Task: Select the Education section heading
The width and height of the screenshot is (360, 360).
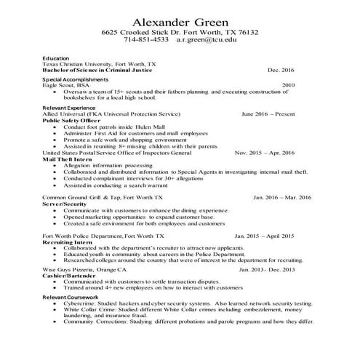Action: (x=56, y=58)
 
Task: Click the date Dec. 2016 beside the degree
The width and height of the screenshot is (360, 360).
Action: (x=281, y=70)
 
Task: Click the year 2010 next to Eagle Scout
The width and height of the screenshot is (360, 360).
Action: (x=288, y=85)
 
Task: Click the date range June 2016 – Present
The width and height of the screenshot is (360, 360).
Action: (x=268, y=114)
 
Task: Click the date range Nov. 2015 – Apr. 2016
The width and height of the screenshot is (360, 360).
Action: (x=265, y=153)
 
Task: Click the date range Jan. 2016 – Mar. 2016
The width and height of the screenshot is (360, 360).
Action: (x=282, y=196)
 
